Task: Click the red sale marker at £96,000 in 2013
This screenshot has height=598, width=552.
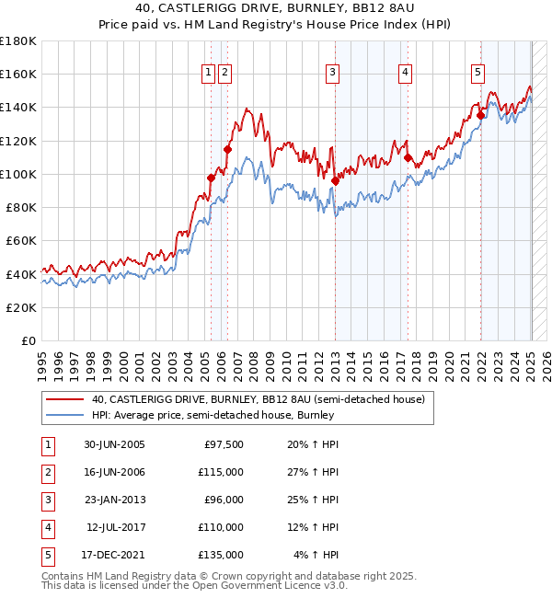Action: pyautogui.click(x=335, y=180)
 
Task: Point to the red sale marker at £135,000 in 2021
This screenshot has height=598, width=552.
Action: pyautogui.click(x=480, y=115)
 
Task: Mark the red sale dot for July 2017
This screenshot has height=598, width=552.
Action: pyautogui.click(x=408, y=157)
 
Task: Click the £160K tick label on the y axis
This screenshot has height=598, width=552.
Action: pyautogui.click(x=18, y=75)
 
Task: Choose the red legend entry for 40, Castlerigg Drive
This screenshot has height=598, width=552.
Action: pyautogui.click(x=258, y=399)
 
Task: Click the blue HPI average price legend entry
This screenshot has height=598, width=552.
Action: pyautogui.click(x=212, y=415)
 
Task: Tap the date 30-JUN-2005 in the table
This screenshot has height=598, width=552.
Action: pyautogui.click(x=114, y=444)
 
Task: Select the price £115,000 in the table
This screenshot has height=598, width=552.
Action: pyautogui.click(x=221, y=472)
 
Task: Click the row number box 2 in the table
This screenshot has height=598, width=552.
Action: pyautogui.click(x=47, y=472)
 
